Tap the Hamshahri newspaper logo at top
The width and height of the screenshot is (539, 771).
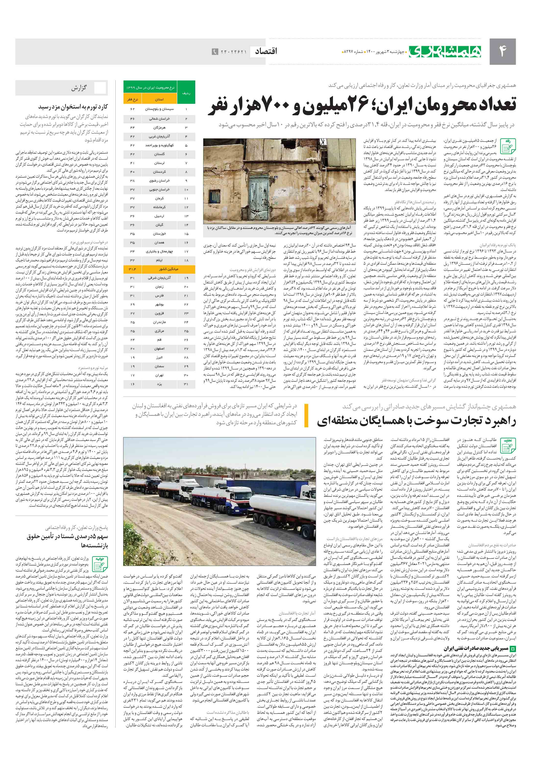tap(445, 51)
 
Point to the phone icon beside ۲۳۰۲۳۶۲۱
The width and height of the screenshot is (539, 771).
tap(215, 52)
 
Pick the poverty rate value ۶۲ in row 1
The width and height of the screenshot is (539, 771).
tap(132, 109)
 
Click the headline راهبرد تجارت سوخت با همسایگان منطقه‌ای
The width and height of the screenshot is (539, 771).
tap(416, 421)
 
